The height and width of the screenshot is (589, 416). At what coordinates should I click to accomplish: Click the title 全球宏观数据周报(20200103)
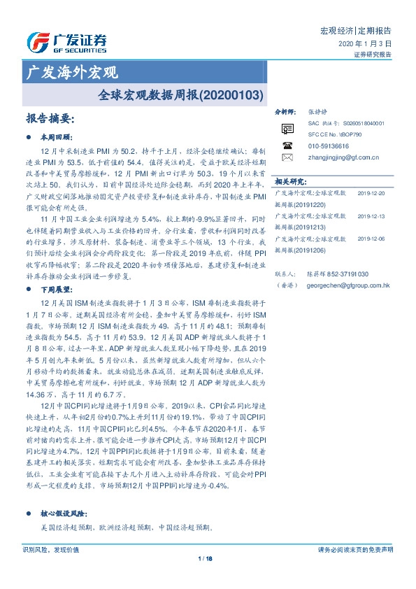(180, 92)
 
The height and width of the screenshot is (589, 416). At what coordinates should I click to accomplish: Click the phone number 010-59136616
(329, 146)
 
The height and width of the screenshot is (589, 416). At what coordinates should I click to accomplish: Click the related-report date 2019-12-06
(371, 239)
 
